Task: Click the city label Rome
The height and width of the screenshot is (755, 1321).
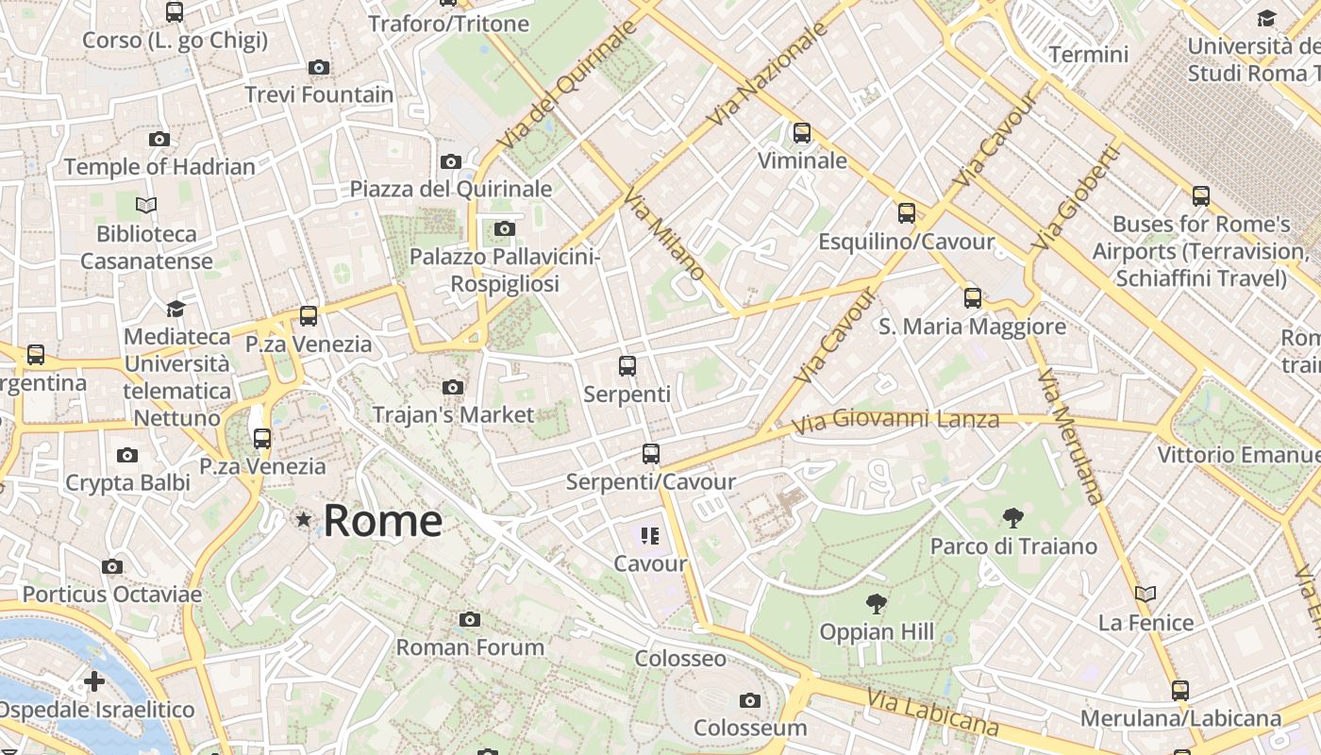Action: coord(382,521)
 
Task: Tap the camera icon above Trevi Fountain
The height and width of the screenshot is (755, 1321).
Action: coord(319,67)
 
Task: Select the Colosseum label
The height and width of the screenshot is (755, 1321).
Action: coord(750,728)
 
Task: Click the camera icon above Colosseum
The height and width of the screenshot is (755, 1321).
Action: coord(750,700)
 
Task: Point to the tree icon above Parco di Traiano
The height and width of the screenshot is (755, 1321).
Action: coord(1013,517)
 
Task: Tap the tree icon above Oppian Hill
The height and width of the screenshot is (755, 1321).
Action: coord(877,603)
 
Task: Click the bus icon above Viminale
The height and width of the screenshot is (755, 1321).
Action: coord(802,133)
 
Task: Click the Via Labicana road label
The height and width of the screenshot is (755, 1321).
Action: coord(932,714)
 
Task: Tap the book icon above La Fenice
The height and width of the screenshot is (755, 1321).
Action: coord(1145,595)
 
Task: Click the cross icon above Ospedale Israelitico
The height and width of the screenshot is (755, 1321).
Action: coord(94,680)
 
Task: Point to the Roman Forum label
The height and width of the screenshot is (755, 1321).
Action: coord(470,647)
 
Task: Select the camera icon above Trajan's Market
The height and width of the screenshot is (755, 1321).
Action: coord(453,387)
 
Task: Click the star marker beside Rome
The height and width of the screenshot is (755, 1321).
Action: coord(304,519)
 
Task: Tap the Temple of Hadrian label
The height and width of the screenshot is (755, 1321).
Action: coord(159,167)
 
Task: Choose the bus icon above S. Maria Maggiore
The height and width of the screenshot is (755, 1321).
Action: coord(973,298)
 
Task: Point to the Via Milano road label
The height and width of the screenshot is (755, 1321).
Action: coord(664,233)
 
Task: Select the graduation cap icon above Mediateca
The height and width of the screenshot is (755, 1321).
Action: coord(176,309)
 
